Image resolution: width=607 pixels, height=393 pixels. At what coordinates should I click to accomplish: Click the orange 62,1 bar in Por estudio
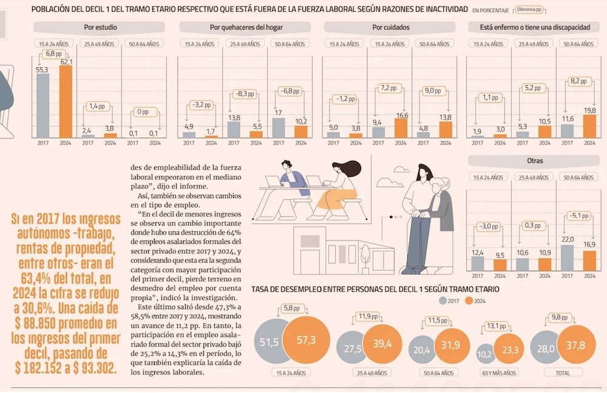[65, 100]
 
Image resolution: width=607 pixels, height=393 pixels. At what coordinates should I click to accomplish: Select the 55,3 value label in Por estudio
[42, 70]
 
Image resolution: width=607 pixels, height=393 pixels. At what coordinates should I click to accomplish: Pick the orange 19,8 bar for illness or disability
[589, 126]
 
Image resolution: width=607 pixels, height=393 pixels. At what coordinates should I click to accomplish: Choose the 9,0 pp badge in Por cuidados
[432, 91]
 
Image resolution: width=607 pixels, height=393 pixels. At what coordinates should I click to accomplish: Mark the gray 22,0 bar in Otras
[567, 257]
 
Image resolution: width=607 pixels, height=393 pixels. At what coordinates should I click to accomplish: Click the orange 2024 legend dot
[469, 300]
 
